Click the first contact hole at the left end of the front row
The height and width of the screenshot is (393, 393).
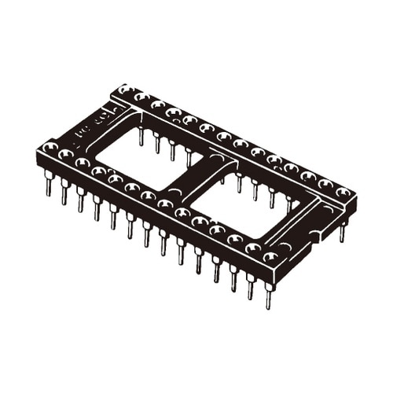tap(50, 148)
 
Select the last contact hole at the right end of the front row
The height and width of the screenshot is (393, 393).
tap(270, 257)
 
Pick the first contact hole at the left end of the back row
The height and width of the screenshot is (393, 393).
tap(125, 90)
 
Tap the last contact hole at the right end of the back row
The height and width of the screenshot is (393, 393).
tap(343, 193)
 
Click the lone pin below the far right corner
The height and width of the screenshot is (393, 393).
tap(343, 233)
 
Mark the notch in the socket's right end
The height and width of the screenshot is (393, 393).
tap(318, 233)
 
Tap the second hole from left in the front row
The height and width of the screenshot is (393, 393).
tap(66, 156)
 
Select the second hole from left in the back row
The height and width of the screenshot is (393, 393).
tap(141, 97)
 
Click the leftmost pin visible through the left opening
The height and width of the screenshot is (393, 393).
tap(141, 137)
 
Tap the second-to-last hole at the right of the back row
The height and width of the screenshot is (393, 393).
tap(325, 185)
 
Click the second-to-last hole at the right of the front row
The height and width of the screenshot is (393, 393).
tap(253, 248)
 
